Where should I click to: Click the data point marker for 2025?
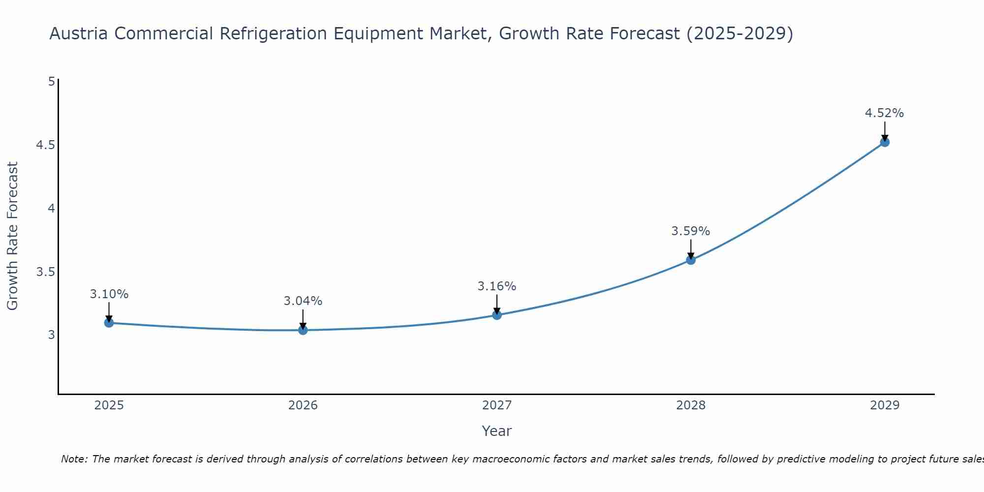tap(109, 323)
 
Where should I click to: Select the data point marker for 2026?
tap(303, 330)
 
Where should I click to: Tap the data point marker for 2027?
tap(497, 315)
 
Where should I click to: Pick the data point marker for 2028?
tap(691, 260)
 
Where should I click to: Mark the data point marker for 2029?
tap(885, 142)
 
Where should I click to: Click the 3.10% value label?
tap(109, 294)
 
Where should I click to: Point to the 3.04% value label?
tap(303, 301)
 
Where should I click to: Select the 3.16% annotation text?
tap(497, 286)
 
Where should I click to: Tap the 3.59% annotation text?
tap(691, 231)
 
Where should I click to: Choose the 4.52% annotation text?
tap(885, 113)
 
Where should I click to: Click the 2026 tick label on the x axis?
tap(303, 405)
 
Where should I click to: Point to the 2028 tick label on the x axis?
tap(691, 405)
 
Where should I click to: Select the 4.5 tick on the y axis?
tap(45, 145)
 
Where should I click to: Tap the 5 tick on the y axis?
tap(51, 82)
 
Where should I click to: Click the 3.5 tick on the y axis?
tap(45, 272)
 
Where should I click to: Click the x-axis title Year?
tap(497, 431)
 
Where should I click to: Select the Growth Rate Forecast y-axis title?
tap(12, 236)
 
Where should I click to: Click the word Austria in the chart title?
tap(79, 33)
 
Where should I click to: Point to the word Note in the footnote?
tap(74, 459)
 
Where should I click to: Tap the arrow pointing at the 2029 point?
tap(885, 131)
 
